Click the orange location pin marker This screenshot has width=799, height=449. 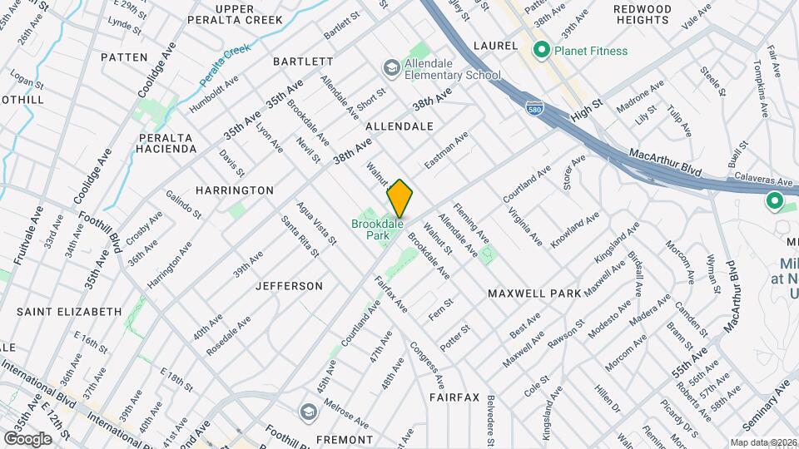tap(399, 198)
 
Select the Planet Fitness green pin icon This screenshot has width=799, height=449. tap(541, 51)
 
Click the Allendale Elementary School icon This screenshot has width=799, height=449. tap(391, 67)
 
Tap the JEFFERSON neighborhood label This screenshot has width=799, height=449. tap(288, 286)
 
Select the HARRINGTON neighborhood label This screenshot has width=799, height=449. tap(235, 190)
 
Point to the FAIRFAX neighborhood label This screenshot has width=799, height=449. tap(454, 397)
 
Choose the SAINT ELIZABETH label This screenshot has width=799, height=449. tap(69, 312)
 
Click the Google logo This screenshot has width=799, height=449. tap(27, 438)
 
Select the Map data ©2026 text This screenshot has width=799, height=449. tap(763, 442)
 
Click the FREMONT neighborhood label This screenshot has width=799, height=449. tap(345, 439)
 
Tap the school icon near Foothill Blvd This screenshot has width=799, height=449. tap(308, 412)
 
